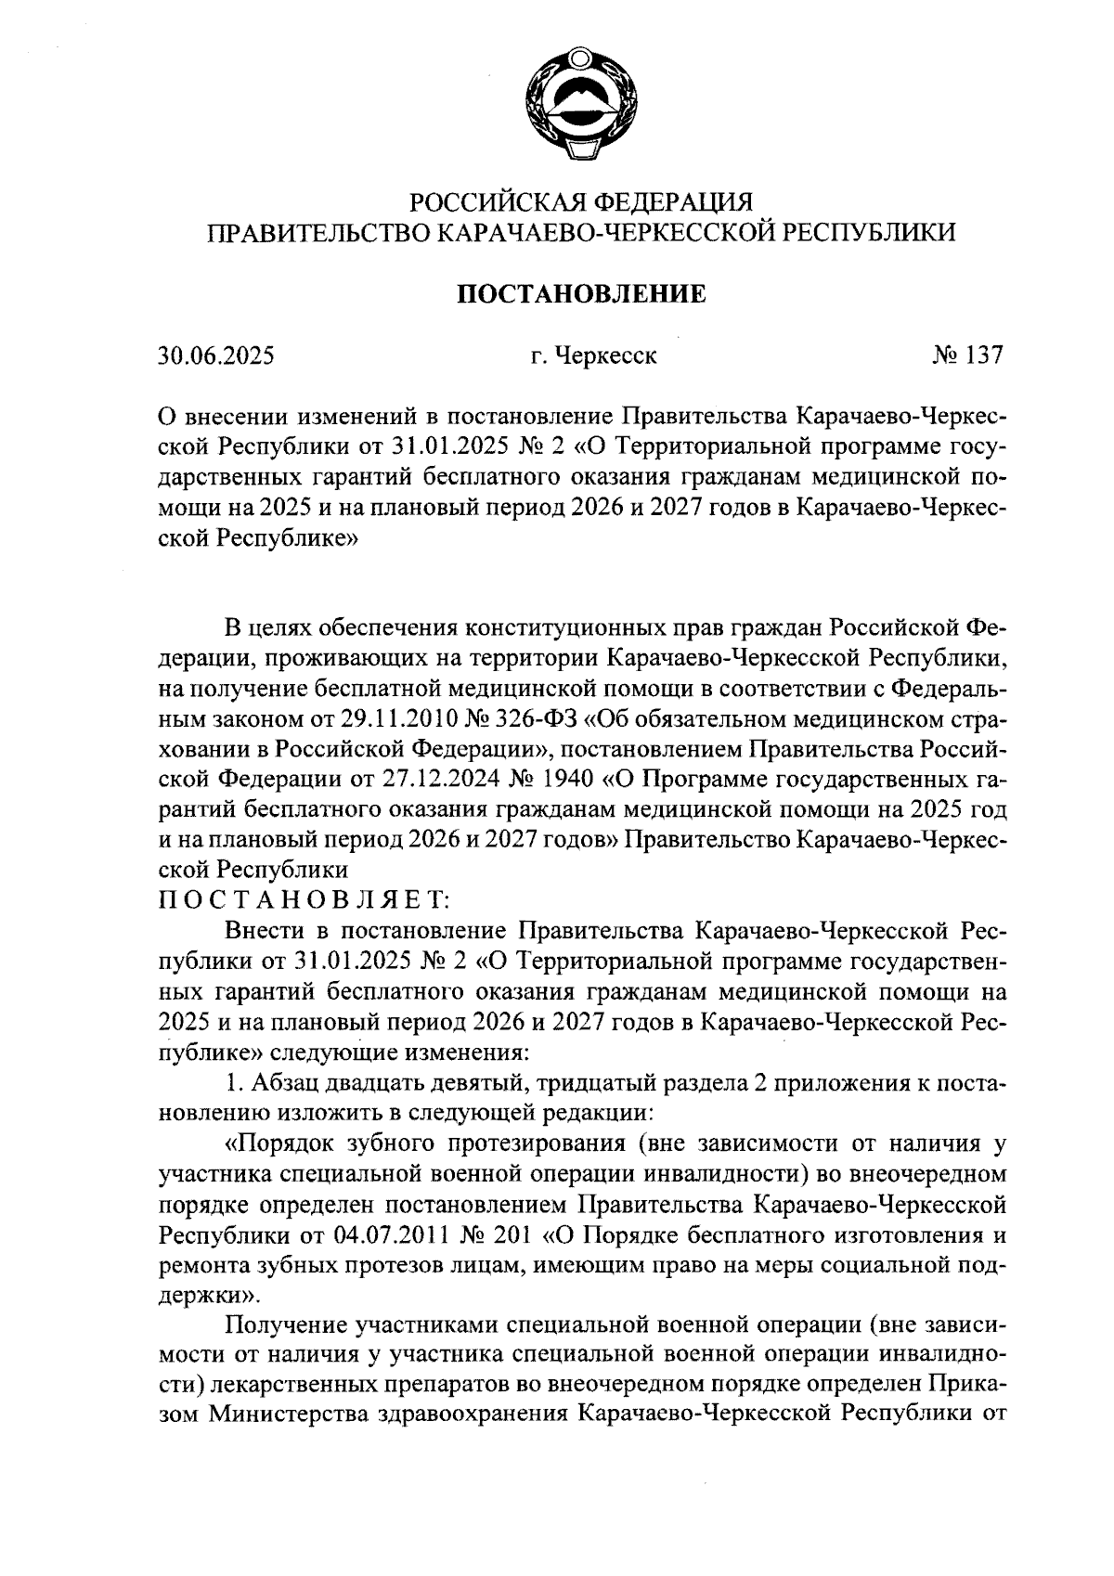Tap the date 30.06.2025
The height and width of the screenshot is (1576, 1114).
coord(216,355)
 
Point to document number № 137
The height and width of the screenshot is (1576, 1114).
coord(967,355)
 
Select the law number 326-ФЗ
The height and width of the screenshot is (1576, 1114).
coord(538,717)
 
